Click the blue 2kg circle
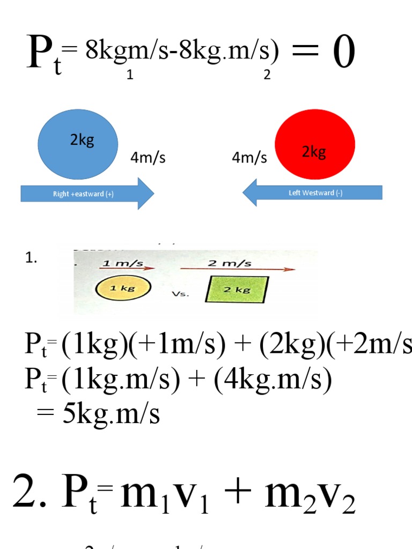pos(78,144)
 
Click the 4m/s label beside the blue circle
pos(148,158)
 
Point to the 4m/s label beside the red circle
pos(249,158)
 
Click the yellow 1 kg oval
pos(123,288)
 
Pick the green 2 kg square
pos(237,290)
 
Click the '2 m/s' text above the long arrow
pos(237,263)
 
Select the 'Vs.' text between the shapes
pos(179,294)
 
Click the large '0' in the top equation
pos(344,54)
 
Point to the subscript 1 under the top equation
pos(130,76)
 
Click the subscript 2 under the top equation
pos(267,76)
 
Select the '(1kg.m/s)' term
pos(120,380)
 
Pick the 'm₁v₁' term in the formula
pos(164,494)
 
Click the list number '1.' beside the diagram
pos(31,258)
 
